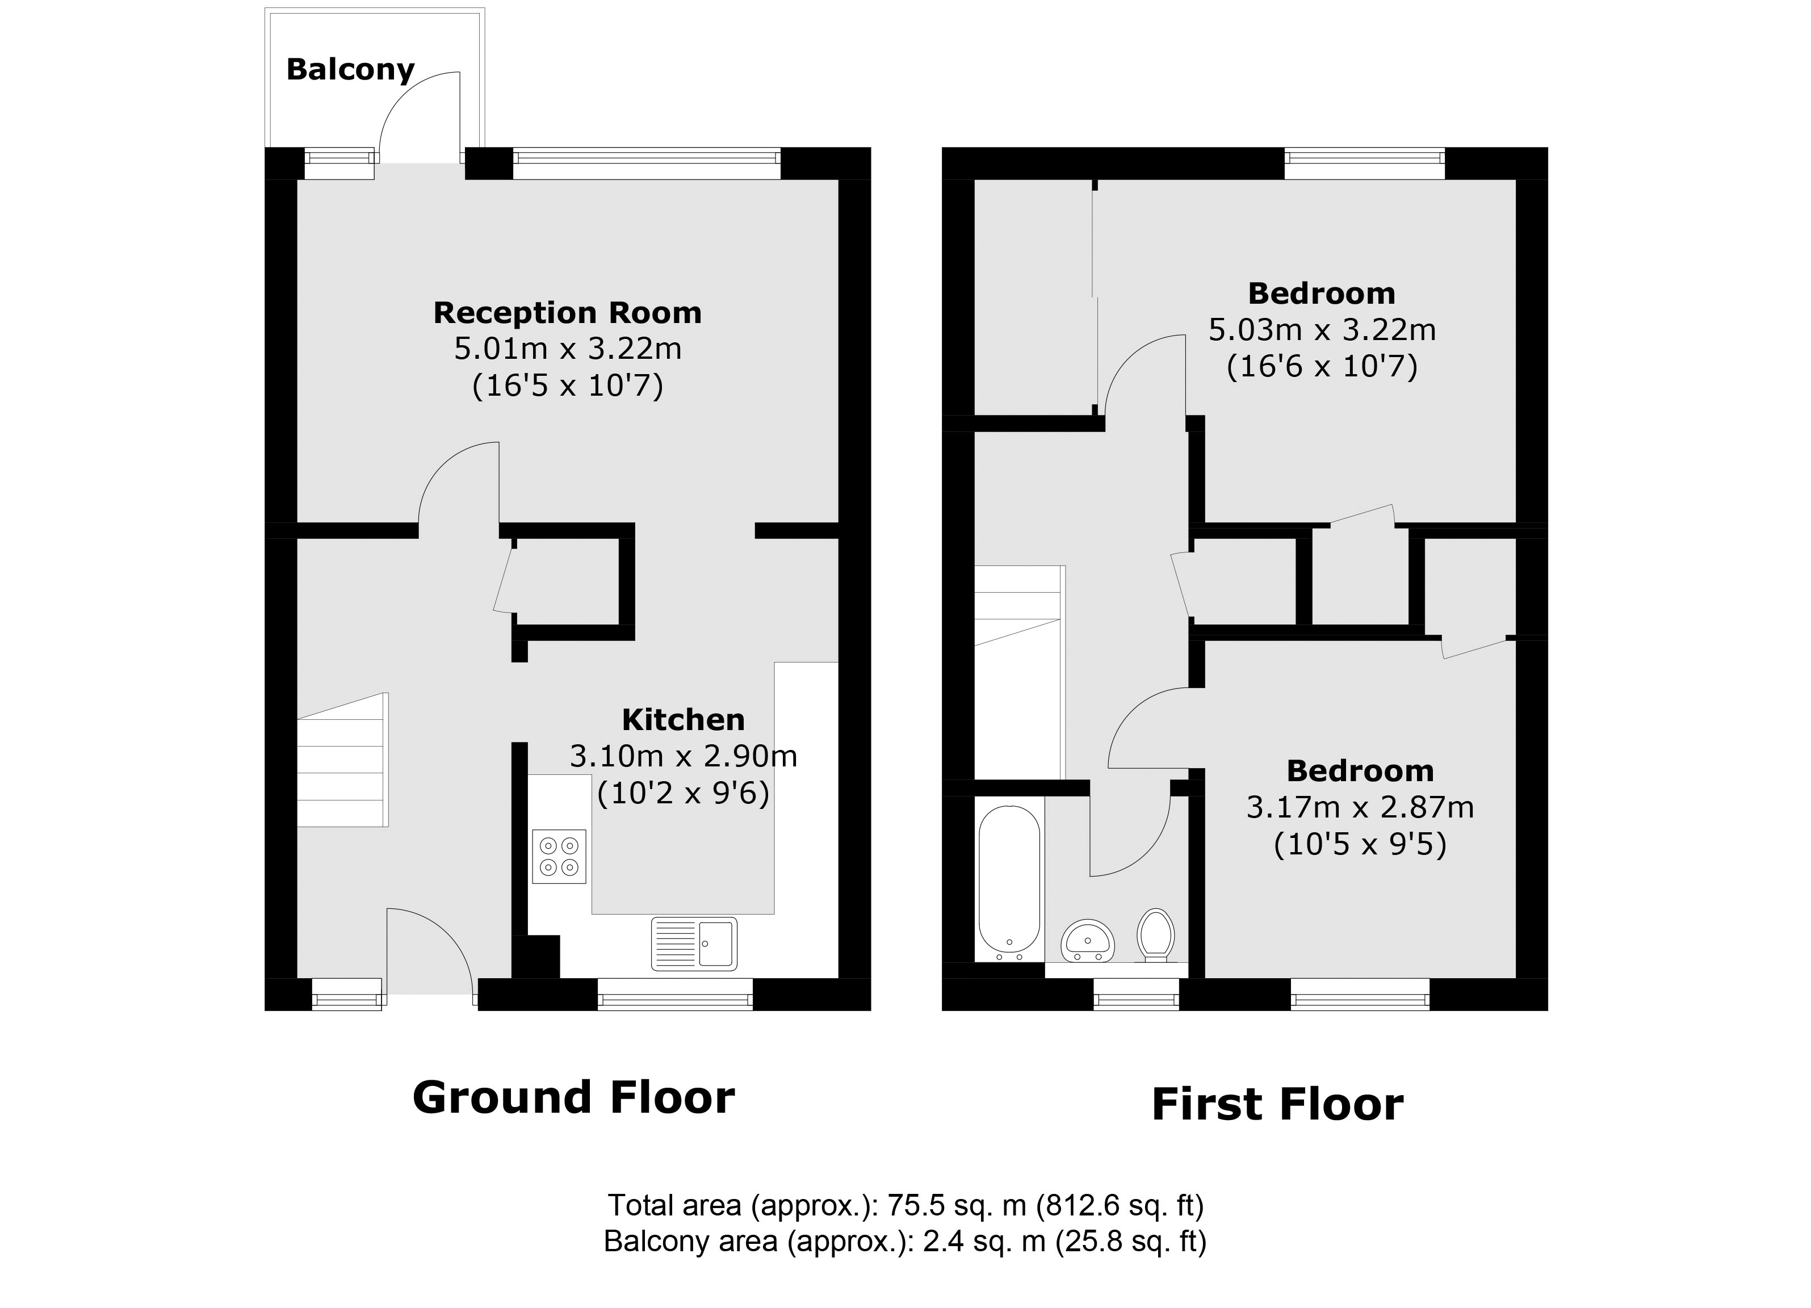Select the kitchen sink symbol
click(x=693, y=944)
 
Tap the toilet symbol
click(x=1155, y=934)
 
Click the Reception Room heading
click(x=567, y=312)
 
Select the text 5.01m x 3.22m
click(x=567, y=349)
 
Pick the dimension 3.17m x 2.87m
click(x=1360, y=807)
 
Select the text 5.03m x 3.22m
click(x=1322, y=330)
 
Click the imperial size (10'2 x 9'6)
click(x=683, y=793)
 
